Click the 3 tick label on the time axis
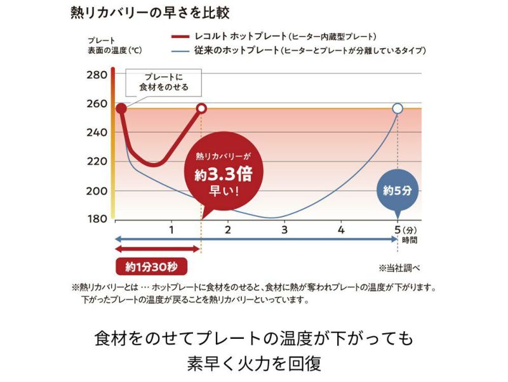(284, 229)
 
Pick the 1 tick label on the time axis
(171, 229)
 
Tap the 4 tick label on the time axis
(341, 229)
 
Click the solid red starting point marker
(121, 109)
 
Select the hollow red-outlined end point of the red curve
(201, 109)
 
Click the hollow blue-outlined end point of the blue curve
(398, 109)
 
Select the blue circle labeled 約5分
(398, 190)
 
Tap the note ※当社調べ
(400, 267)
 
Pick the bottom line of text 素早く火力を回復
(254, 363)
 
